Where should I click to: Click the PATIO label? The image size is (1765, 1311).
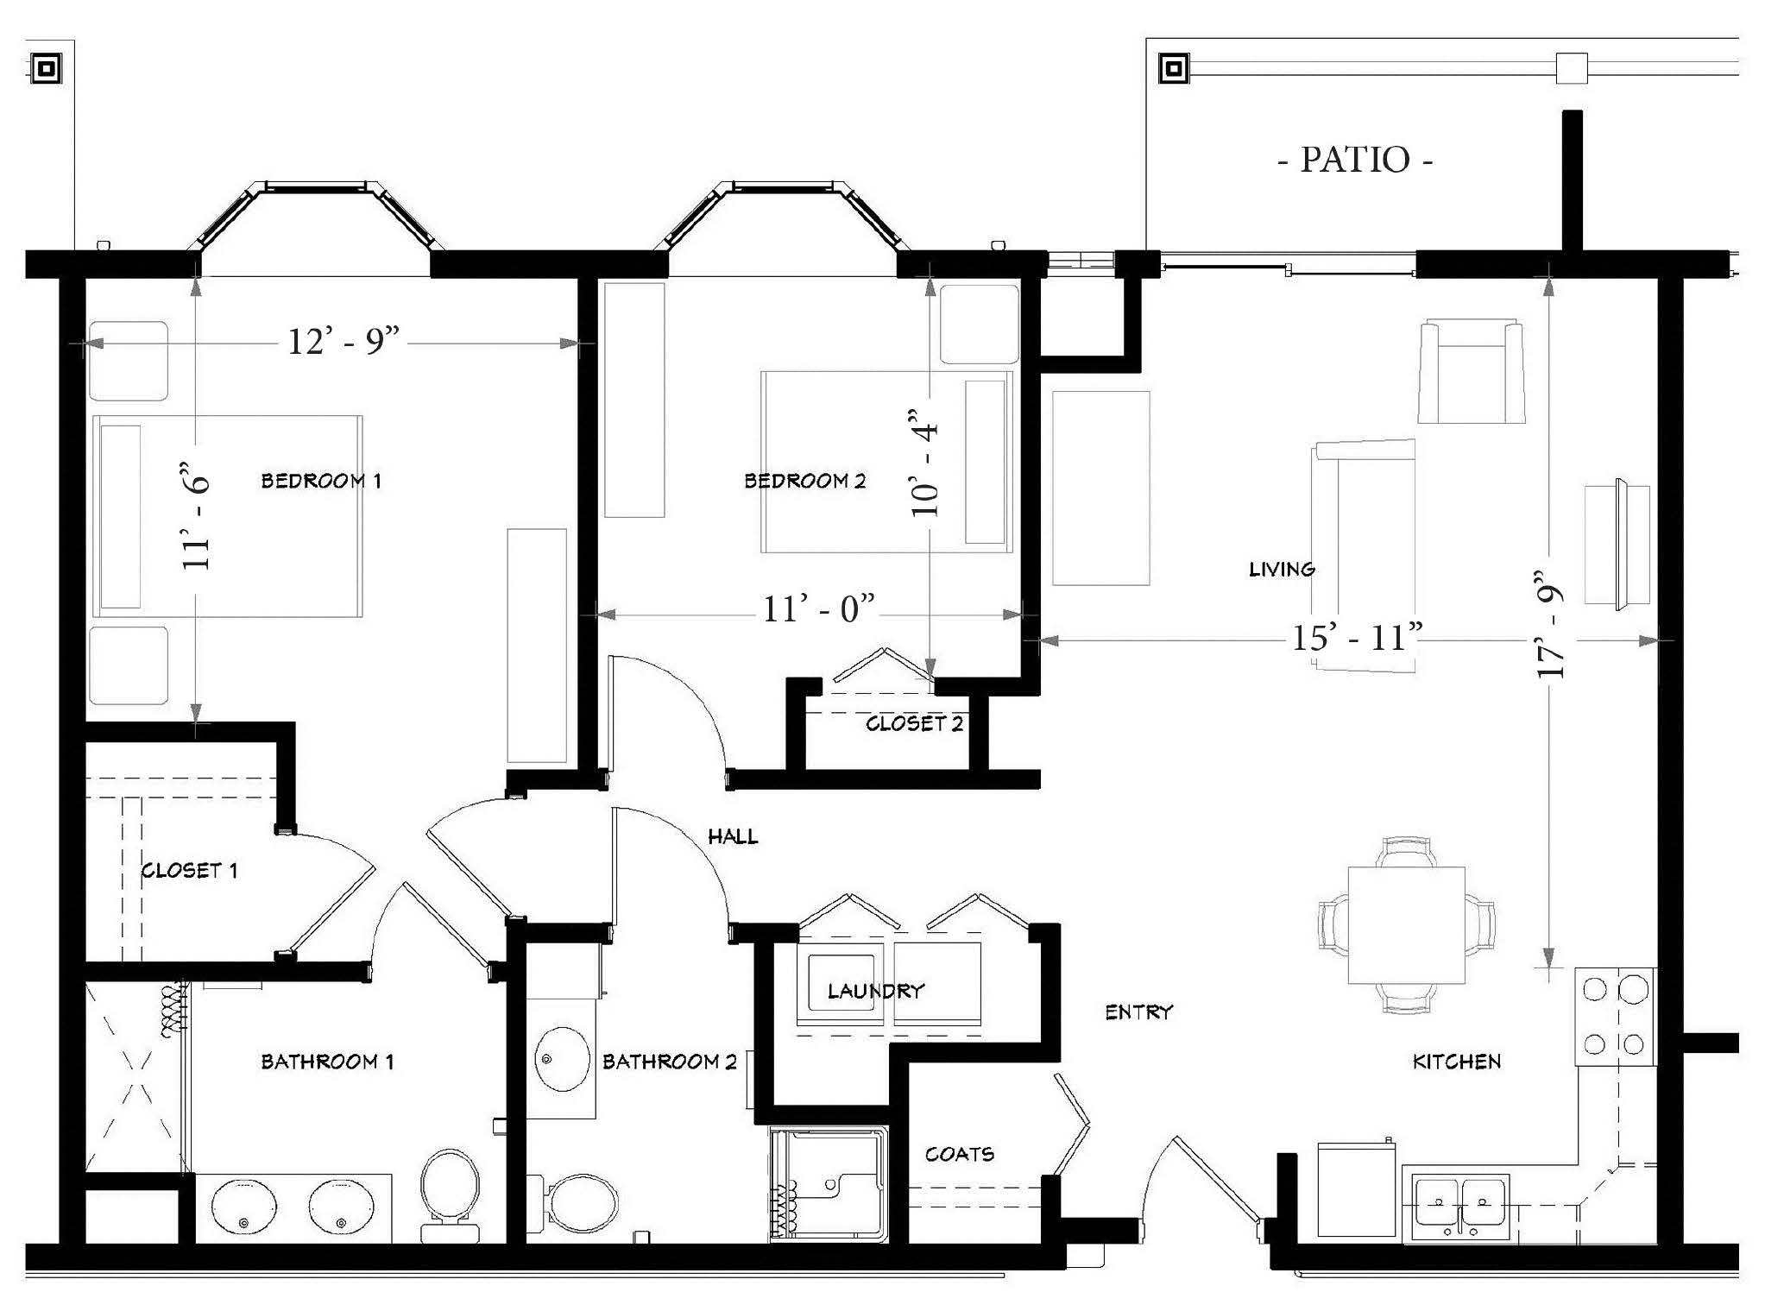[x=1355, y=160]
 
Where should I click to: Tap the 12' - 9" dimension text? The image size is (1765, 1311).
[x=344, y=342]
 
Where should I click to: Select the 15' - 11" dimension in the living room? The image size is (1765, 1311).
[x=1357, y=638]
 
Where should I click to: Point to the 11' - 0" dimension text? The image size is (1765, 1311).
[x=819, y=609]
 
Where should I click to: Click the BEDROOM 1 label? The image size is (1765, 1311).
[x=321, y=481]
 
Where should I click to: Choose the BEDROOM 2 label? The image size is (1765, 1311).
[x=805, y=481]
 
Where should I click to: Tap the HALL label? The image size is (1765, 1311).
[x=733, y=836]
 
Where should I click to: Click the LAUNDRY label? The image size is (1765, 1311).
[x=876, y=991]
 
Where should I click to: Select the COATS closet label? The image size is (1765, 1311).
[x=960, y=1154]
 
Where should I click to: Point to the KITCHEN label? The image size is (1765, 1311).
[x=1457, y=1062]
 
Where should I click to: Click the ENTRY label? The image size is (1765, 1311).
[x=1139, y=1012]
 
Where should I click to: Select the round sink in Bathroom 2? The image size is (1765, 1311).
[x=563, y=1059]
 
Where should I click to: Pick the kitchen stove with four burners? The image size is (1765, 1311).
[x=1615, y=1017]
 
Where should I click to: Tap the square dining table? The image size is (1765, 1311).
[x=1407, y=925]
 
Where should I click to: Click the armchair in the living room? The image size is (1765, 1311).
[x=1472, y=371]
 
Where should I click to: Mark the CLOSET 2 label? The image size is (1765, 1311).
[x=915, y=723]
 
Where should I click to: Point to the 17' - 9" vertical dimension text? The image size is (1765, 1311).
[x=1551, y=624]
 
